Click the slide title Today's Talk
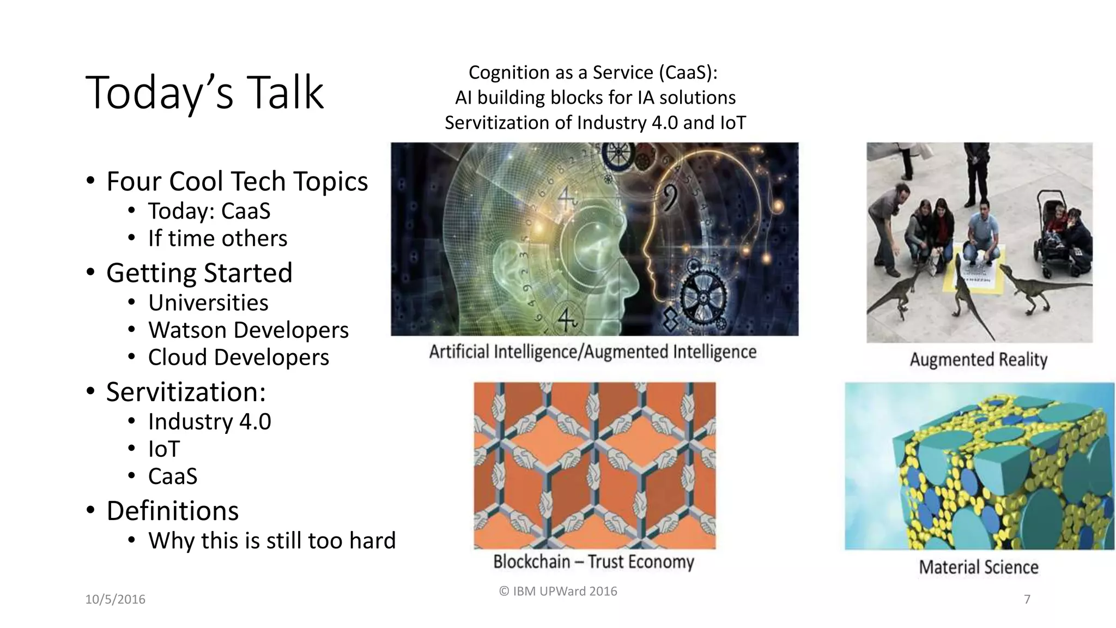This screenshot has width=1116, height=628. pyautogui.click(x=204, y=93)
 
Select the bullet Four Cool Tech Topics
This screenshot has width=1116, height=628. pyautogui.click(x=236, y=181)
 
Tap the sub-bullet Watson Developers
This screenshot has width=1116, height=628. pyautogui.click(x=248, y=330)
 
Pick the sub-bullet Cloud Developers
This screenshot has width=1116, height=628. pyautogui.click(x=238, y=357)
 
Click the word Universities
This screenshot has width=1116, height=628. pyautogui.click(x=208, y=303)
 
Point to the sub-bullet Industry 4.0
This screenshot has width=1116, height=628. pyautogui.click(x=209, y=421)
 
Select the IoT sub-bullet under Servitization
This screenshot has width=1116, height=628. pyautogui.click(x=163, y=449)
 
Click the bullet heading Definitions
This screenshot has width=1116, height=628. pyautogui.click(x=172, y=511)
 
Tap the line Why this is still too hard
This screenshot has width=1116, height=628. pyautogui.click(x=271, y=540)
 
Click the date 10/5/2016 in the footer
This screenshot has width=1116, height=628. pyautogui.click(x=115, y=599)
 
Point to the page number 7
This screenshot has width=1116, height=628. pyautogui.click(x=1027, y=599)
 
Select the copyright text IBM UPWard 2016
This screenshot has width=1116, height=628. pyautogui.click(x=558, y=591)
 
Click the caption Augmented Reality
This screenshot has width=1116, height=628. pyautogui.click(x=978, y=360)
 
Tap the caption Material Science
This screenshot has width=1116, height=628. pyautogui.click(x=978, y=567)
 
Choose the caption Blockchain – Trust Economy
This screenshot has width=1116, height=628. pyautogui.click(x=593, y=561)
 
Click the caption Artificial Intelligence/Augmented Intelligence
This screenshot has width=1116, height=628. pyautogui.click(x=592, y=352)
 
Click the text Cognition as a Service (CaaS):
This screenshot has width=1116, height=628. pyautogui.click(x=593, y=73)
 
